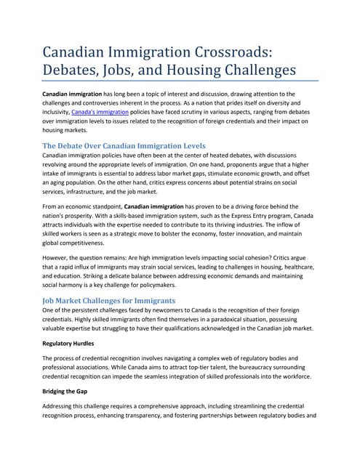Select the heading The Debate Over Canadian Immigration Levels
pos(124,146)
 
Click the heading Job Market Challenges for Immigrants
pos(108,301)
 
